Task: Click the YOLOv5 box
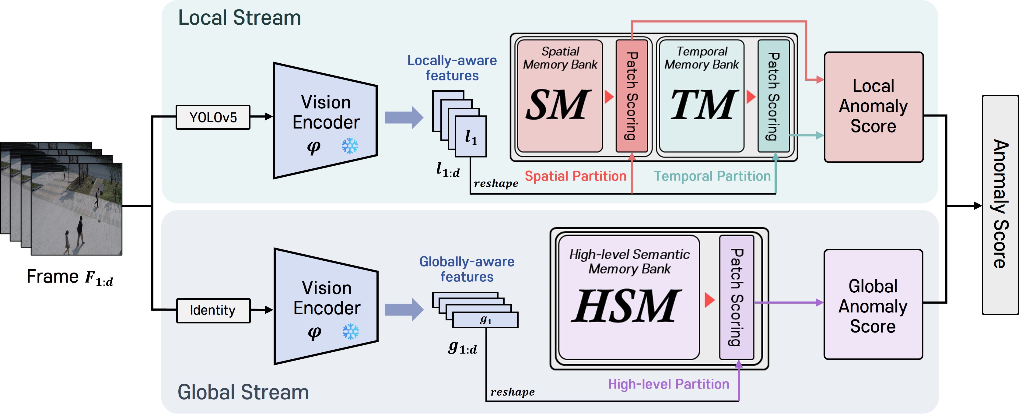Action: tap(213, 118)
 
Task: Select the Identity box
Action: tap(213, 310)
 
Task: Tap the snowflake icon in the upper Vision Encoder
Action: tap(349, 146)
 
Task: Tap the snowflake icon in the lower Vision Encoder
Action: tap(350, 331)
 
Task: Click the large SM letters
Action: tap(558, 105)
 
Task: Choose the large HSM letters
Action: tap(627, 306)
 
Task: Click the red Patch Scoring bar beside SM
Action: tap(632, 96)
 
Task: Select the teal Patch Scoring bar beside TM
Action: tap(773, 96)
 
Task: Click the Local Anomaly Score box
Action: tap(873, 107)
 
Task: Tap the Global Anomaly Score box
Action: tap(873, 305)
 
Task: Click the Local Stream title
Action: tap(239, 18)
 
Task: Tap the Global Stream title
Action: tap(243, 392)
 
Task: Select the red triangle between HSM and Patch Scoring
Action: tap(709, 300)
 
